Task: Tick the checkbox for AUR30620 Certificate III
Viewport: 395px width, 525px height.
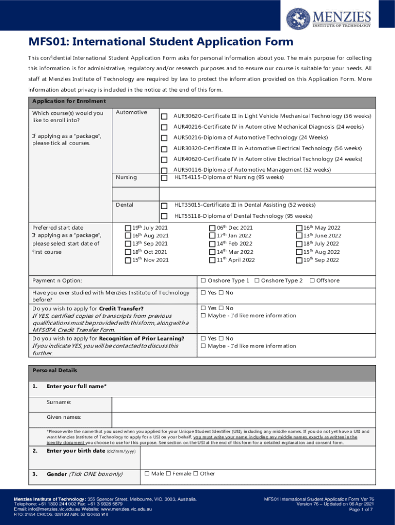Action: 164,116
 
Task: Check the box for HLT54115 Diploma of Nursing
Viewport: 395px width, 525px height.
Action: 164,178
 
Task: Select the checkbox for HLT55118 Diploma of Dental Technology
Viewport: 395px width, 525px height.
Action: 164,216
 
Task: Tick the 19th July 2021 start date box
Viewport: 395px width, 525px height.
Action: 128,228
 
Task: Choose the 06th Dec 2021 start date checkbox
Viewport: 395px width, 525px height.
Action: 212,228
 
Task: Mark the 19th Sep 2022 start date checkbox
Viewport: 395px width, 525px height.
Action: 300,260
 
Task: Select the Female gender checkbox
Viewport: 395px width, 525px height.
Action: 169,474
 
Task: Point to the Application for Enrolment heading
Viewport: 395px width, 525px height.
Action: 69,101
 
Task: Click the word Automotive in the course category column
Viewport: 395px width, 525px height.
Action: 131,112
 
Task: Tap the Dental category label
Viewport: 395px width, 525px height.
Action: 125,205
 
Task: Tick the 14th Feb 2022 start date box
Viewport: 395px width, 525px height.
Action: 212,244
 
